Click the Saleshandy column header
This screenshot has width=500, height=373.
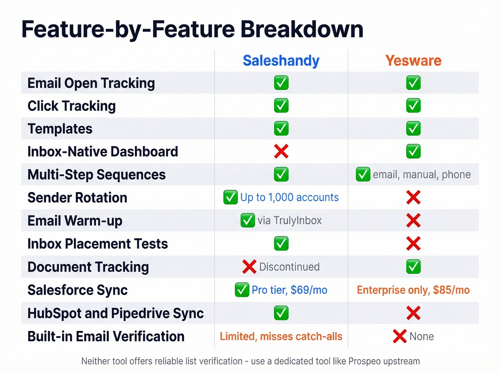281,61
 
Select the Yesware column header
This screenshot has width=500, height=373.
413,61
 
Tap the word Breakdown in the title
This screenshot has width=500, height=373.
302,29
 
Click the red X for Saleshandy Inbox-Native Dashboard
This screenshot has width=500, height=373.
281,151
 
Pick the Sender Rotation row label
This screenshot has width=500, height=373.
77,198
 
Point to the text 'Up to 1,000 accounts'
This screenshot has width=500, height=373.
289,197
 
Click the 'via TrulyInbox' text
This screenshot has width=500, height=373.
289,221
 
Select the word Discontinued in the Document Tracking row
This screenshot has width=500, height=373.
289,267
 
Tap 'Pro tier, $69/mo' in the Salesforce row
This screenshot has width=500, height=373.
289,290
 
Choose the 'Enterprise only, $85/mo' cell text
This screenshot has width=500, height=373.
413,290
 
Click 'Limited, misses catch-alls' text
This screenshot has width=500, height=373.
281,336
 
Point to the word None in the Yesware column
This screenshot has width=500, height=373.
421,336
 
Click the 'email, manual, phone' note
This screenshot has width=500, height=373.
421,175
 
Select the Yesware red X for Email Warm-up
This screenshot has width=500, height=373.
413,221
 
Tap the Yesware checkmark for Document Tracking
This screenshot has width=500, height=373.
413,267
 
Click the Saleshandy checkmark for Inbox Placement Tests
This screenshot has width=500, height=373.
281,244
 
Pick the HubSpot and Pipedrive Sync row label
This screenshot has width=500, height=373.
115,313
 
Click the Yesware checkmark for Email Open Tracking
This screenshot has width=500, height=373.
413,83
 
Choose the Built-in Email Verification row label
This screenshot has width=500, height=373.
106,337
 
